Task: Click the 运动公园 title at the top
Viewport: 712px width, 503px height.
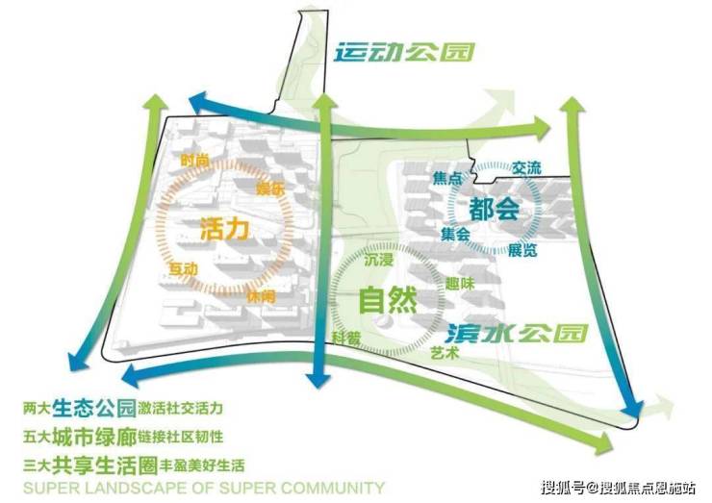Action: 404,52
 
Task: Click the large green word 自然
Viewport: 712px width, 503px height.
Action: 387,301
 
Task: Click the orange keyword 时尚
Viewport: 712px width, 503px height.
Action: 193,162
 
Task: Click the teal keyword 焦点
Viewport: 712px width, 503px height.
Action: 448,179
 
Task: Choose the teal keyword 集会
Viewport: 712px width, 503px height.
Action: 455,234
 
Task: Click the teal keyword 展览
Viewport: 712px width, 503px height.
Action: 522,250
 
